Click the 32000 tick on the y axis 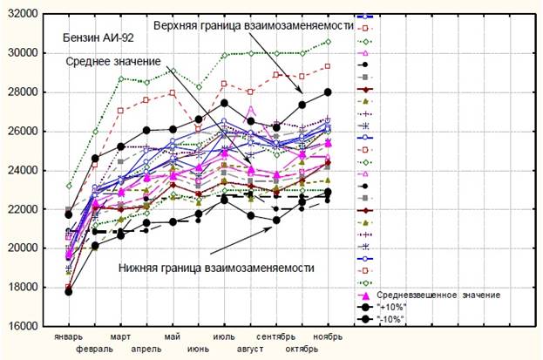click(21, 14)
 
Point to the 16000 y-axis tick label click(21, 326)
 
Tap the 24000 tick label click(21, 170)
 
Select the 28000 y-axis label click(21, 92)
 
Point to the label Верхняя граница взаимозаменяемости click(252, 25)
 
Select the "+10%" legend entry click(390, 308)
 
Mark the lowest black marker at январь click(68, 291)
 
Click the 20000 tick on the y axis click(21, 248)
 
